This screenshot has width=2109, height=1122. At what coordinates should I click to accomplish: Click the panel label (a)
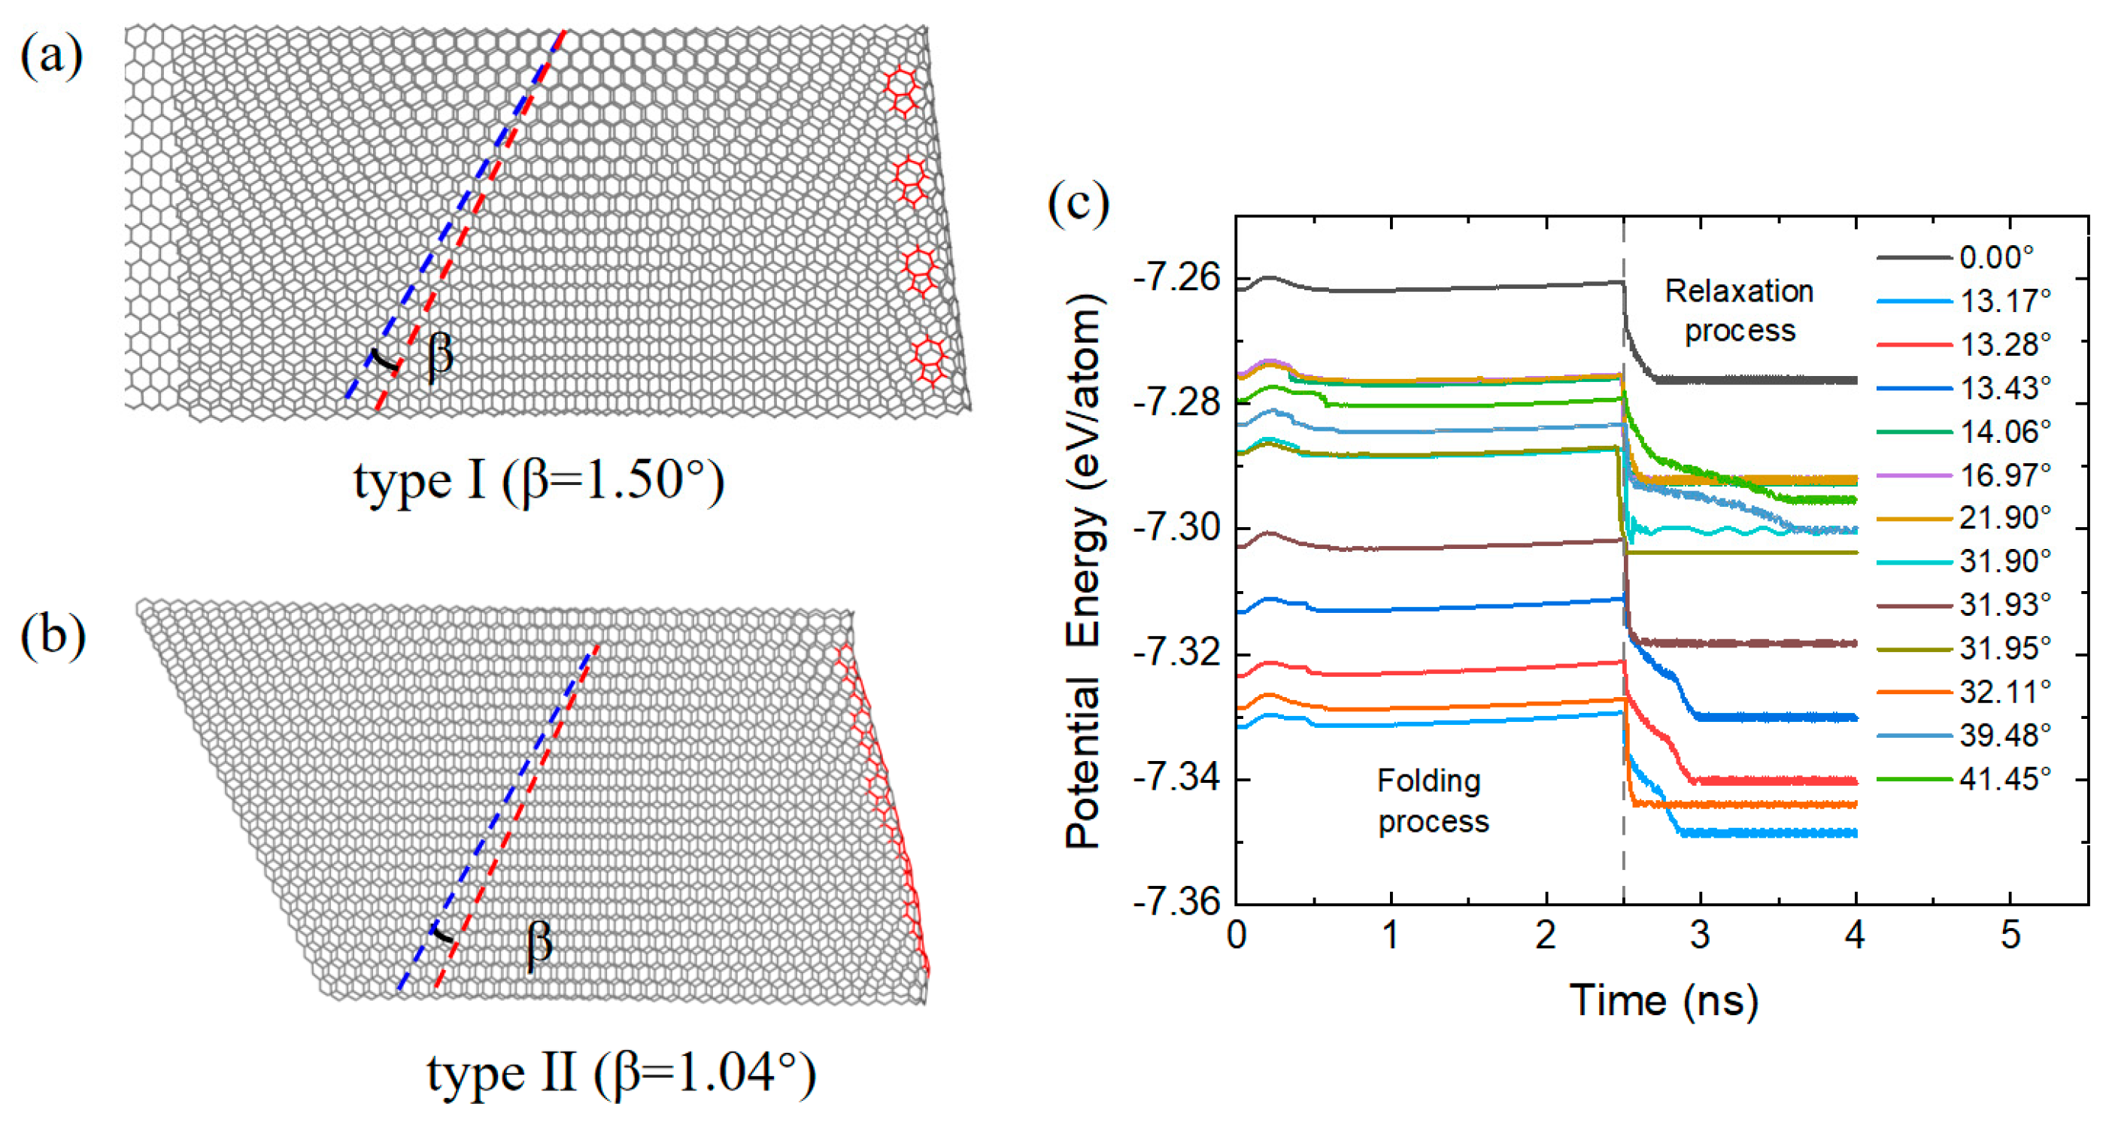click(x=50, y=57)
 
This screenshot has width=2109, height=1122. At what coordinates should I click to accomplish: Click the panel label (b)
click(x=53, y=637)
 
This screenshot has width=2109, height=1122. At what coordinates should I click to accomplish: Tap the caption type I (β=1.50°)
click(x=538, y=481)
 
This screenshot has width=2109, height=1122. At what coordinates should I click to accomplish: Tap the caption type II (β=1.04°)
click(x=621, y=1073)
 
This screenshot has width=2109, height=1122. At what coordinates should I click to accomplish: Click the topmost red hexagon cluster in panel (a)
click(x=901, y=90)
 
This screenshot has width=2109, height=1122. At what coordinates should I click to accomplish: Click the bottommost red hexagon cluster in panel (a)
click(x=929, y=361)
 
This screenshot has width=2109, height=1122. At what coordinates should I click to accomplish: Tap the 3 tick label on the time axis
click(x=1701, y=935)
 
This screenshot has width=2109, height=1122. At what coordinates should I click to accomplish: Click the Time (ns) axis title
click(x=1663, y=1001)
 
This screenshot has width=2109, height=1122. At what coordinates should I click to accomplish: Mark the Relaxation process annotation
click(x=1739, y=311)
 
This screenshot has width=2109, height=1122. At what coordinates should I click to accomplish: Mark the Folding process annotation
click(x=1432, y=800)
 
